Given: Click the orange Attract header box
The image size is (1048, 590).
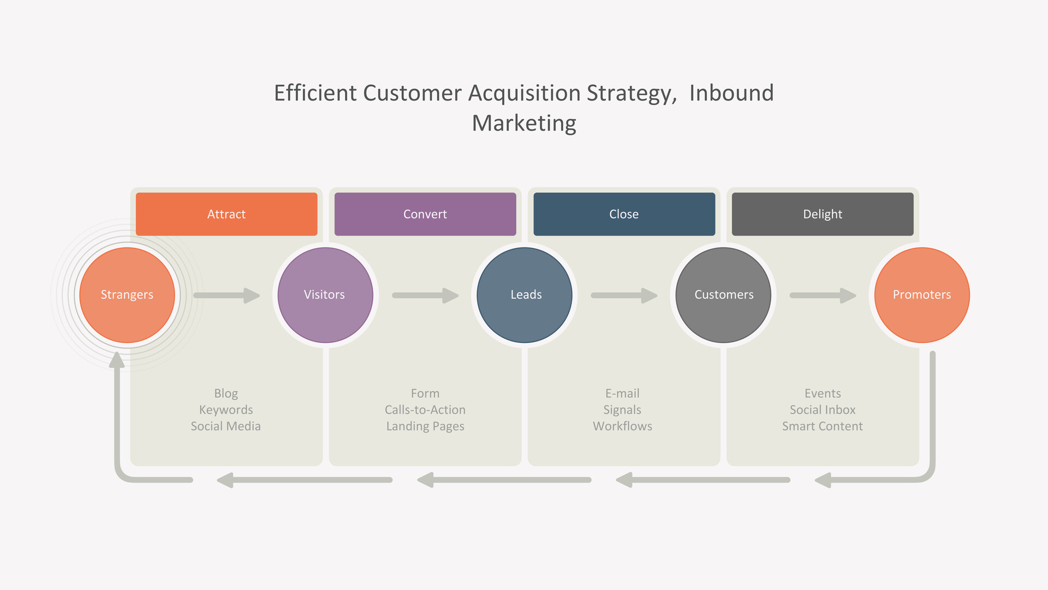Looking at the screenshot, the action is pos(227,214).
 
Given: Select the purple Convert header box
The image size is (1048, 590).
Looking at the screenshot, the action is pos(425,214).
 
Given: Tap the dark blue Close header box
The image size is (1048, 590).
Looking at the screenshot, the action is pos(624,214).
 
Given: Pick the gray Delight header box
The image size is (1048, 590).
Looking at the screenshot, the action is pos(823,214).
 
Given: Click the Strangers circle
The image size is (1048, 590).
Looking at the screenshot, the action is pos(127,295).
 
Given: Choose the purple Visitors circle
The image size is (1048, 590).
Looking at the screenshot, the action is pos(325,295).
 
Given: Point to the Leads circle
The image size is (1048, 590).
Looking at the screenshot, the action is pos(525,295).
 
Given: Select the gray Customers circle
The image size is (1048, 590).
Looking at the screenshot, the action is pos(723,295).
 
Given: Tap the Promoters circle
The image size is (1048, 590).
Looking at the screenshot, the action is pos(922,295).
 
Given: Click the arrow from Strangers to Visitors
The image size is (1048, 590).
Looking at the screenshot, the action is pos(227,296).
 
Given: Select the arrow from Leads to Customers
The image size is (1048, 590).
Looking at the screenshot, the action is pos(624,296).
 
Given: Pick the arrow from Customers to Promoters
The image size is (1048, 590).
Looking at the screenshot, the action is pos(823,296).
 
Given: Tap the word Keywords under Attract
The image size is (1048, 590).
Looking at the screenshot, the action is pos(226,410).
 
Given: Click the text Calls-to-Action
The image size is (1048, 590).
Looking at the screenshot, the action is pos(425,410).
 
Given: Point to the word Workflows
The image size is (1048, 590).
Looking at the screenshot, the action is pos(623,426).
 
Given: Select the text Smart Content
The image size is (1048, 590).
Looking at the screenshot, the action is pos(823,426).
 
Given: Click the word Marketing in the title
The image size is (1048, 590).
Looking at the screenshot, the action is pos(524,123).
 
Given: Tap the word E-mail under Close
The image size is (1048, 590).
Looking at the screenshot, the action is pos(622,393).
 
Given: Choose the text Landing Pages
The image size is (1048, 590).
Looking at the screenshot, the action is pos(425,427).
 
